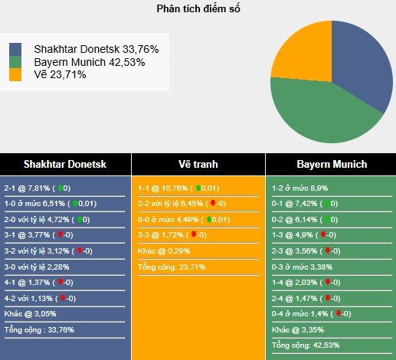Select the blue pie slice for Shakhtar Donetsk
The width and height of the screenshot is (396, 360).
pyautogui.click(x=364, y=73)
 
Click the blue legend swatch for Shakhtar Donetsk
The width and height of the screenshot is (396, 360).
pyautogui.click(x=16, y=49)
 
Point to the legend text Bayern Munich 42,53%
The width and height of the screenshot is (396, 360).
pyautogui.click(x=89, y=62)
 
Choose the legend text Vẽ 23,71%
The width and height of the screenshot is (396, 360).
pyautogui.click(x=60, y=75)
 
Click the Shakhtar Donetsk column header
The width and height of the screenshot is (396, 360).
pyautogui.click(x=65, y=164)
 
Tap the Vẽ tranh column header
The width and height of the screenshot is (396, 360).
pyautogui.click(x=198, y=164)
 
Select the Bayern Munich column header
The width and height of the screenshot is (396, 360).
pyautogui.click(x=331, y=164)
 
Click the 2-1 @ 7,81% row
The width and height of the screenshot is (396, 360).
pyautogui.click(x=38, y=188)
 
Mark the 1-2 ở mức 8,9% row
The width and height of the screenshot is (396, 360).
pyautogui.click(x=300, y=188)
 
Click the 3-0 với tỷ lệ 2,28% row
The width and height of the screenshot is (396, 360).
pyautogui.click(x=38, y=266)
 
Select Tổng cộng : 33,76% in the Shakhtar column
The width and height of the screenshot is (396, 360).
pyautogui.click(x=39, y=330)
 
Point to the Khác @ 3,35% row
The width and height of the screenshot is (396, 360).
pyautogui.click(x=298, y=329)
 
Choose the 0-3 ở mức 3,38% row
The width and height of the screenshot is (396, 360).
pyautogui.click(x=302, y=267)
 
